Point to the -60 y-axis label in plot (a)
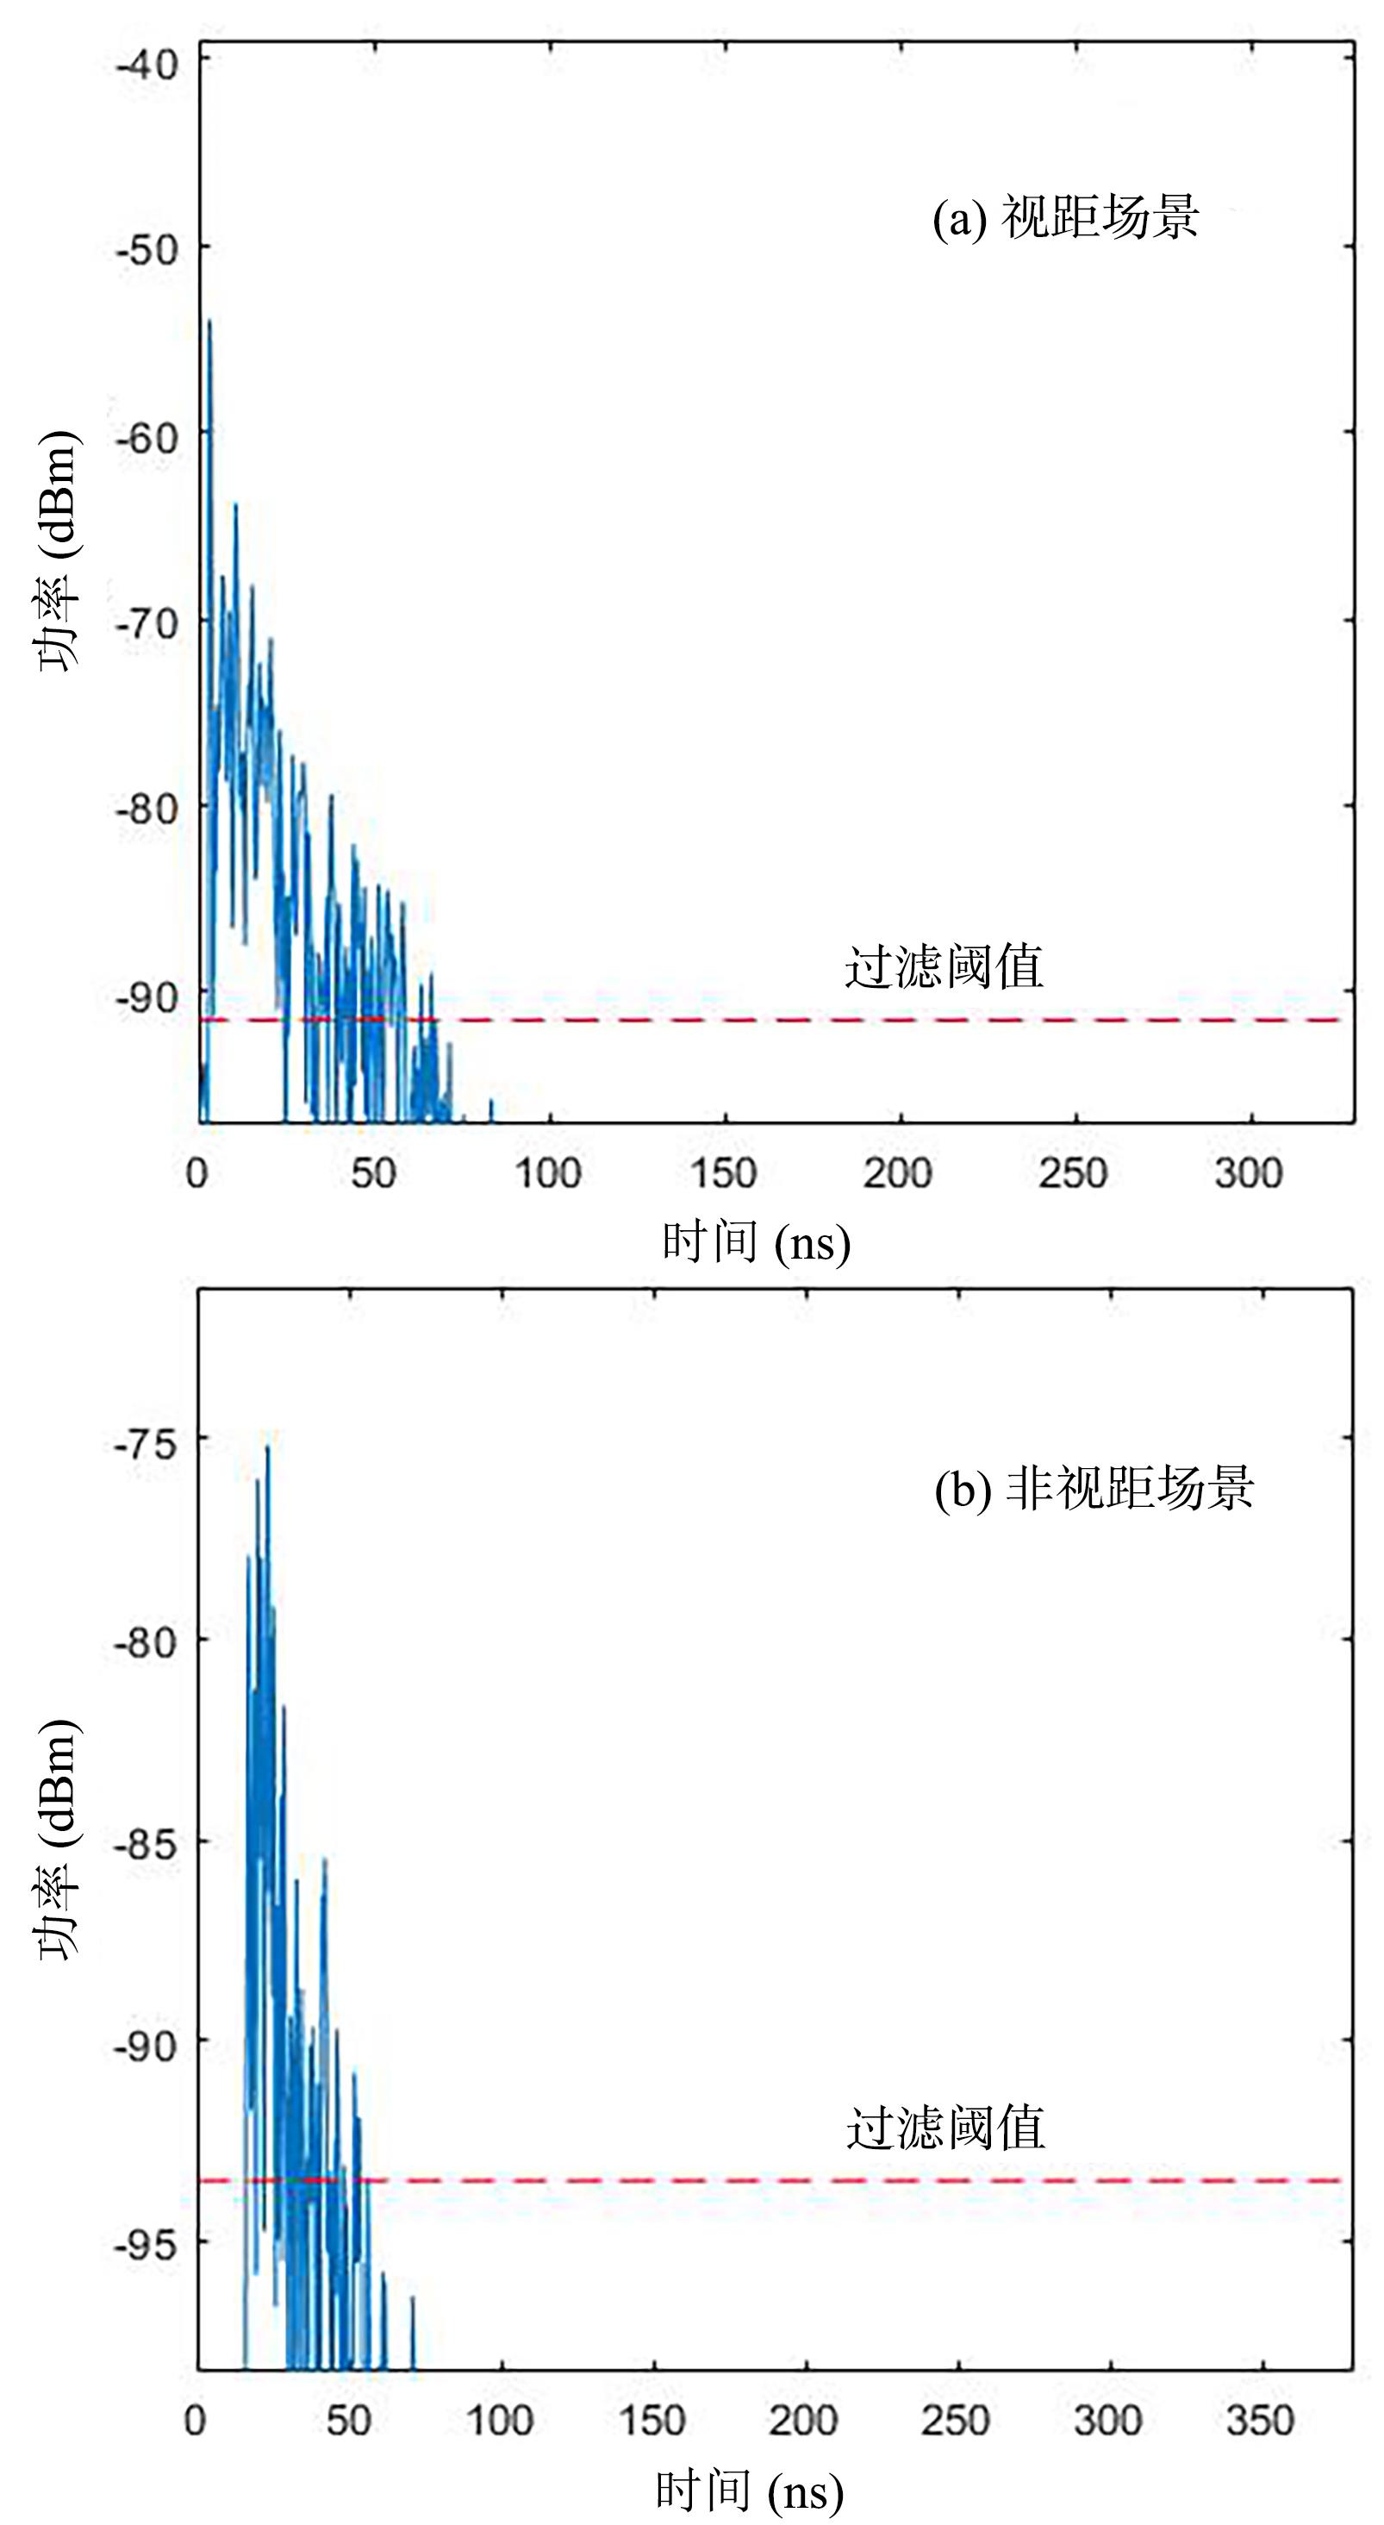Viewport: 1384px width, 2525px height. coord(147,436)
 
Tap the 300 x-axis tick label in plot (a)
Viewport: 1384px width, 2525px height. coord(1248,1173)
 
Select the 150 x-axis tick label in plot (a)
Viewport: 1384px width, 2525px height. coord(722,1173)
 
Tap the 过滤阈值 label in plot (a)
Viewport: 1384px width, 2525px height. coord(944,967)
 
